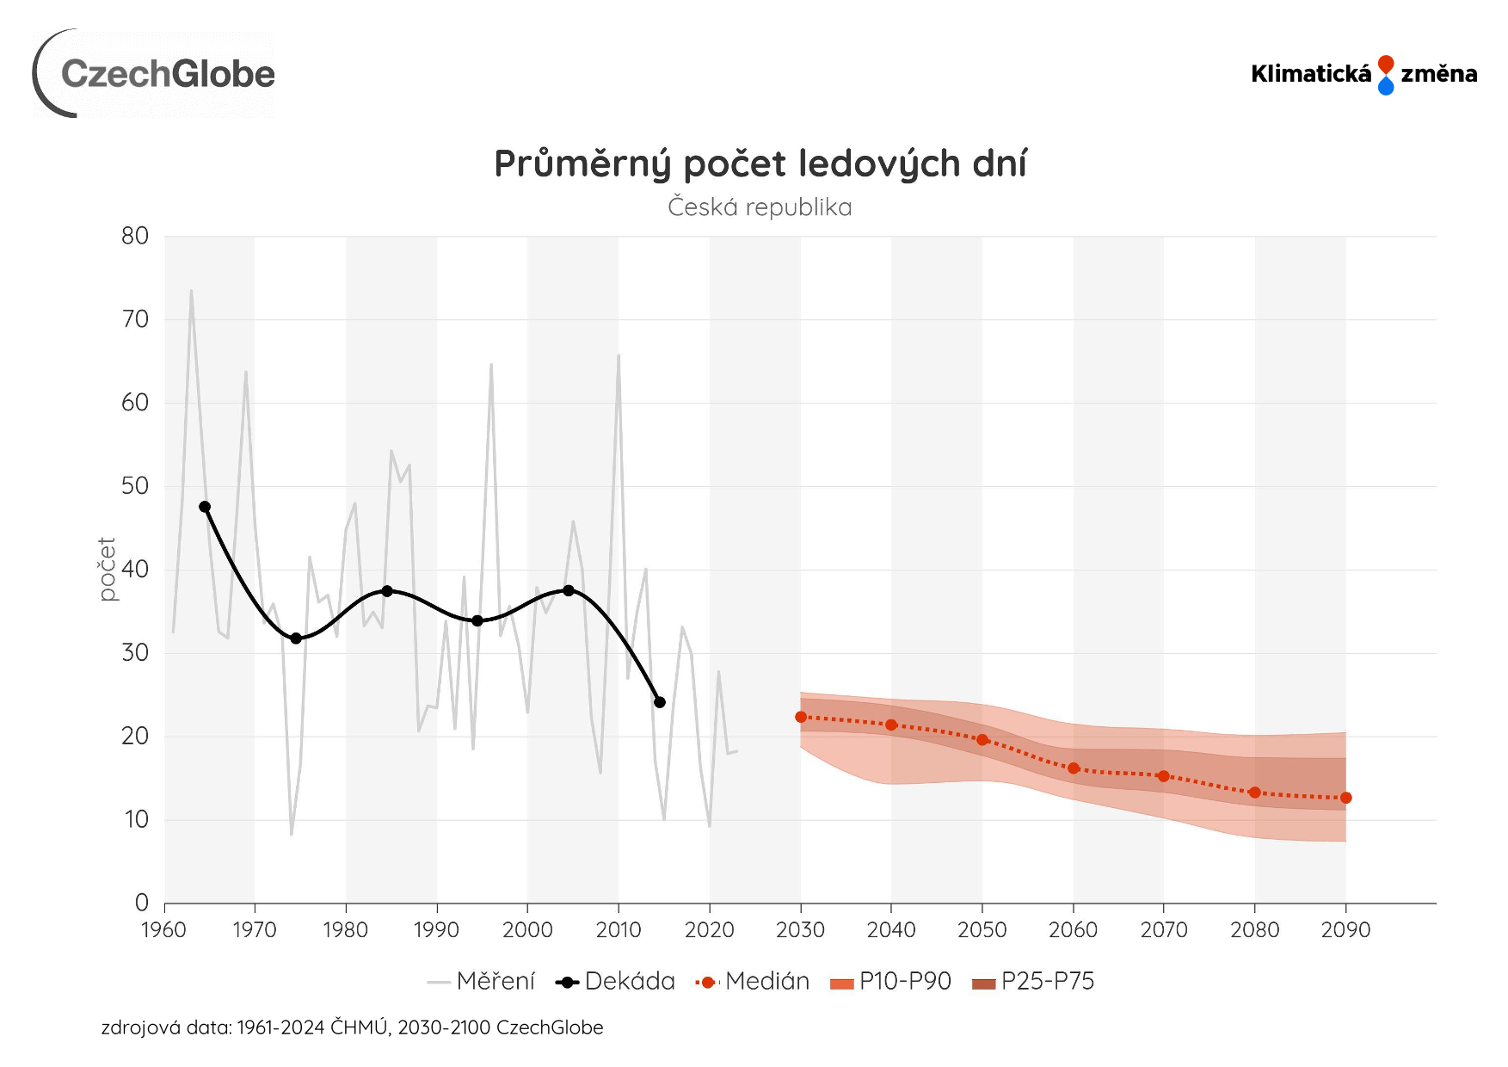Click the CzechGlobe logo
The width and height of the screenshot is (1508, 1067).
click(x=155, y=74)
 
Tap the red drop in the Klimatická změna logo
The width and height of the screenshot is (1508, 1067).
click(x=1385, y=65)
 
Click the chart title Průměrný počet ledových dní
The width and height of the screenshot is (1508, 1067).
click(x=760, y=163)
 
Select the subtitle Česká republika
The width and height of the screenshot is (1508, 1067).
click(x=760, y=207)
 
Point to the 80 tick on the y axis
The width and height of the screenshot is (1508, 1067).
click(x=135, y=236)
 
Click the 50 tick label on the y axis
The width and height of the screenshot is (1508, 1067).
click(x=135, y=486)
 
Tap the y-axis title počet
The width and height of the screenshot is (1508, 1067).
click(x=107, y=569)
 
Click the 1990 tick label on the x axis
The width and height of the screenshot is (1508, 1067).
click(x=436, y=930)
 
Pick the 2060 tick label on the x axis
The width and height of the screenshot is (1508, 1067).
click(x=1073, y=930)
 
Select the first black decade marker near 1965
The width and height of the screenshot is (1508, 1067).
click(x=205, y=507)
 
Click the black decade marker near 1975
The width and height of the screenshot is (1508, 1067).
click(x=296, y=638)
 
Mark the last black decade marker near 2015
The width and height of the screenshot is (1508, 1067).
click(x=660, y=702)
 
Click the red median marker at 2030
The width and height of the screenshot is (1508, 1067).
click(x=801, y=717)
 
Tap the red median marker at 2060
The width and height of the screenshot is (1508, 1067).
click(x=1074, y=768)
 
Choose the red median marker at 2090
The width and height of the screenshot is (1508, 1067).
click(x=1346, y=798)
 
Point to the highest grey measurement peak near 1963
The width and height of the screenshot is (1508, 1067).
click(x=191, y=291)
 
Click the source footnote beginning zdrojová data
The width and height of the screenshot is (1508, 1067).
click(x=352, y=1027)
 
